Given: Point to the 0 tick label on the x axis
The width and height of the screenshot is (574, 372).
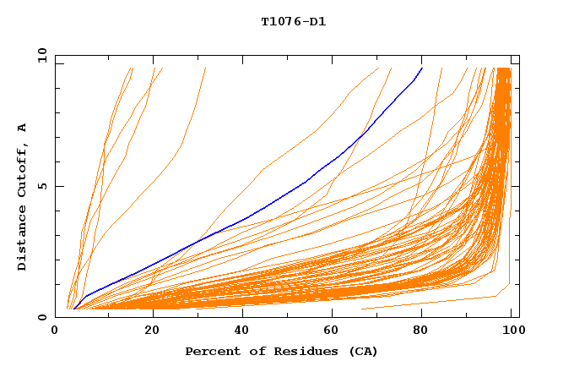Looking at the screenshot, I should (x=56, y=331).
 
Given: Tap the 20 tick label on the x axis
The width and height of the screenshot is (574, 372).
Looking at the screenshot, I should (x=152, y=331).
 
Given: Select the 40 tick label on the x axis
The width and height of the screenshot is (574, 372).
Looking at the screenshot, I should (x=244, y=331).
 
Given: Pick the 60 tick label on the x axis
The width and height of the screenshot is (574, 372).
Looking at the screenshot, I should (x=336, y=331).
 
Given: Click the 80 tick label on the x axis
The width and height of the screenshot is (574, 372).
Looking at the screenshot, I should (x=428, y=331).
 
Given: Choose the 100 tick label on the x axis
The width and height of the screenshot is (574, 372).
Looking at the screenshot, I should (x=511, y=331).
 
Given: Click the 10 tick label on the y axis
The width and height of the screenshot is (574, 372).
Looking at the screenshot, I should (x=41, y=56).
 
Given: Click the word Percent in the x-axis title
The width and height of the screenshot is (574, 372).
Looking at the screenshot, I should (x=209, y=351).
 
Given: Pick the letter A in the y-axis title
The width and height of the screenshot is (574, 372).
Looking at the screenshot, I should (x=22, y=127).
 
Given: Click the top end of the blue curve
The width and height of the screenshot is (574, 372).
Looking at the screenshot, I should (x=422, y=67).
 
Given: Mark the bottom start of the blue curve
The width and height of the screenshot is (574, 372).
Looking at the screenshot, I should (x=74, y=309).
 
